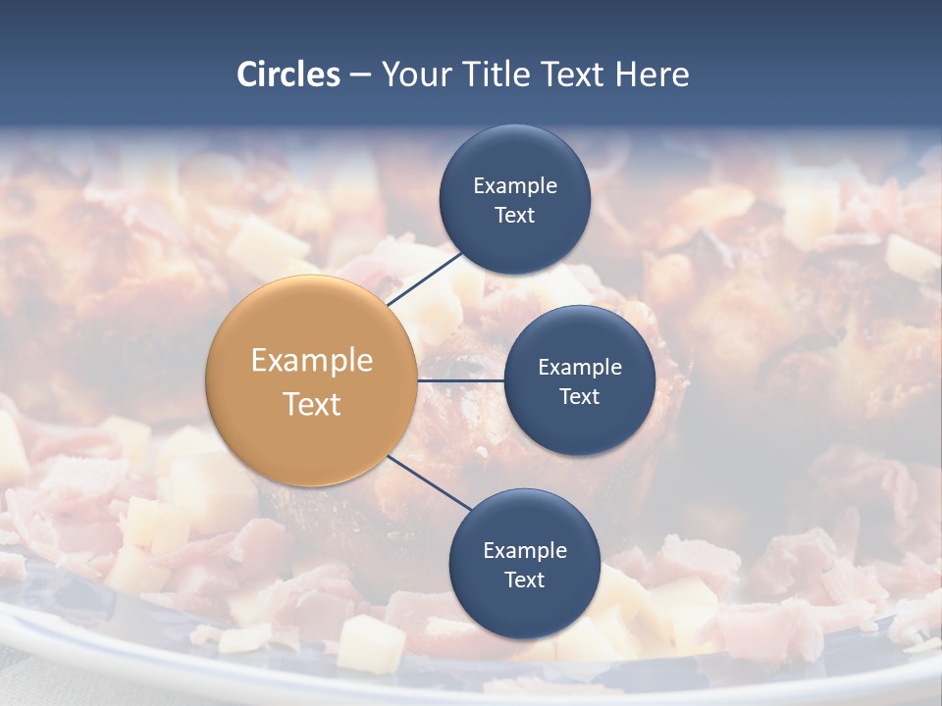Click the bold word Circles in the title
tap(288, 75)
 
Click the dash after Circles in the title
tap(360, 76)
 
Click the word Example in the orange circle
tap(311, 360)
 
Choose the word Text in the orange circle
tap(311, 404)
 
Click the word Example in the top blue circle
tap(514, 185)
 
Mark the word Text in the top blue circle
tap(514, 216)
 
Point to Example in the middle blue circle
tap(579, 367)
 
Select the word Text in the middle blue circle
tap(579, 396)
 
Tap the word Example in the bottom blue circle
tap(524, 550)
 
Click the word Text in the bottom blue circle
tap(524, 580)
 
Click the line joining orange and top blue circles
tap(425, 278)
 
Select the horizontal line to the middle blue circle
tap(460, 380)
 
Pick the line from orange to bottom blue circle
tap(430, 482)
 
